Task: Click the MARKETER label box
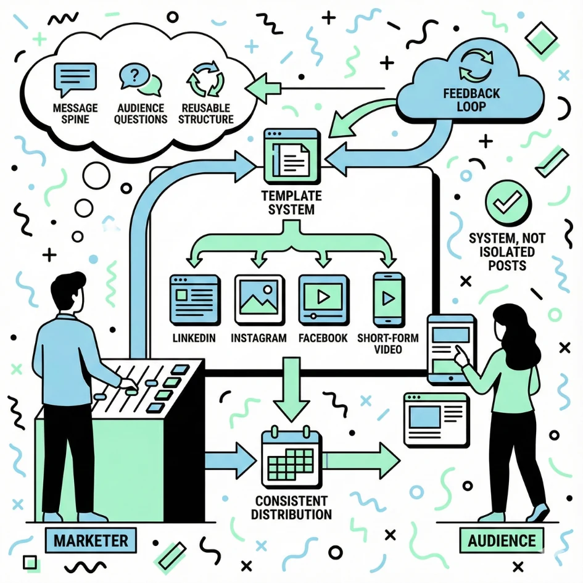[x=91, y=541]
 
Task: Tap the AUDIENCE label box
[x=502, y=541]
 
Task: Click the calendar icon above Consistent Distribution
[x=290, y=457]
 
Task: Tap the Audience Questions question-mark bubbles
[x=139, y=81]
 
